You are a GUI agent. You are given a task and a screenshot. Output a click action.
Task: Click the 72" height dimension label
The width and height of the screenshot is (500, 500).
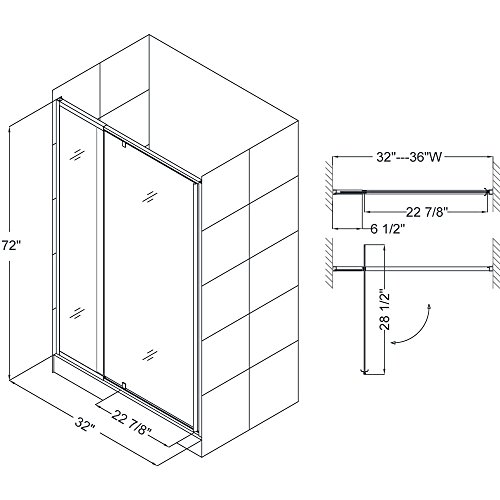(11, 246)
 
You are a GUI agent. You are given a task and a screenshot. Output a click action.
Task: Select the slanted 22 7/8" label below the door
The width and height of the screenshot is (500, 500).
(131, 421)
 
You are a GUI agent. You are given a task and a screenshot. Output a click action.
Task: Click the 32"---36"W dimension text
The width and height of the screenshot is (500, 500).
(409, 157)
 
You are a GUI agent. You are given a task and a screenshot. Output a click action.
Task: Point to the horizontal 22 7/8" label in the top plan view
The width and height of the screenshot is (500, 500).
(426, 212)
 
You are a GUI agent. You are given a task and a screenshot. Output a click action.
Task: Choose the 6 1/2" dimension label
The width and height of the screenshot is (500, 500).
(388, 229)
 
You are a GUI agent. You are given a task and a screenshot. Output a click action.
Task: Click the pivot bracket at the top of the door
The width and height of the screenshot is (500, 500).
(124, 145)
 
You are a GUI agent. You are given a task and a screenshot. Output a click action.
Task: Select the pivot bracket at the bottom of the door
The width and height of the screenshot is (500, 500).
(124, 385)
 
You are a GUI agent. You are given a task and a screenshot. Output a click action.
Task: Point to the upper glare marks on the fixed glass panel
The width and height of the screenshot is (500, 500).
(77, 155)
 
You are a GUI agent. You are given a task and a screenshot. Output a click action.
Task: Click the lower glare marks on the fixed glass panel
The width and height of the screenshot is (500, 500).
(77, 313)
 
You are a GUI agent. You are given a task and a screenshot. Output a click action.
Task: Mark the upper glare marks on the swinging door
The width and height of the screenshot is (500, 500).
(150, 196)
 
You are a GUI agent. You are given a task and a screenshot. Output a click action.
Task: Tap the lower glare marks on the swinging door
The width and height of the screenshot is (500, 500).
(150, 355)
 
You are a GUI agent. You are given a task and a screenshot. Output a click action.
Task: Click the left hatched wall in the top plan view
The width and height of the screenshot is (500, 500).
(328, 185)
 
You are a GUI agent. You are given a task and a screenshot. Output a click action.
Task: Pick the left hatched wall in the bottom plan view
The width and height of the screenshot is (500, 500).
(328, 263)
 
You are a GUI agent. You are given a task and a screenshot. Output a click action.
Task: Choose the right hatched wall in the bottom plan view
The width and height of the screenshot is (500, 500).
(495, 263)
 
